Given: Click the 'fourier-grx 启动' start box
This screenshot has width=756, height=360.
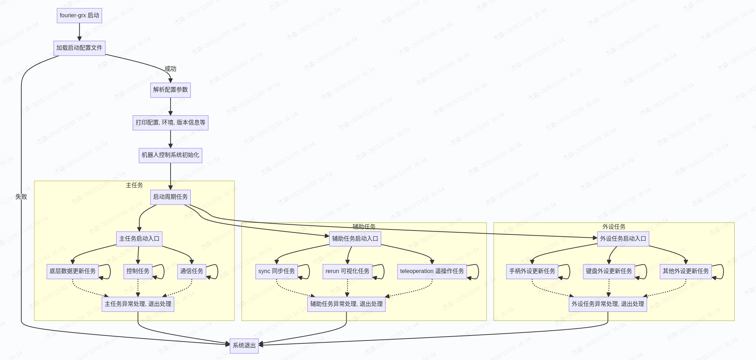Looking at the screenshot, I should [x=79, y=16].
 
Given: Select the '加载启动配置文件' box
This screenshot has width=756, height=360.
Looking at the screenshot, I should [x=79, y=48].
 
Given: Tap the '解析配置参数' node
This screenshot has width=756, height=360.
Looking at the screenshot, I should [x=170, y=90].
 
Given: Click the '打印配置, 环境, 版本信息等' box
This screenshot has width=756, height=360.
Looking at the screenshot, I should [x=170, y=123].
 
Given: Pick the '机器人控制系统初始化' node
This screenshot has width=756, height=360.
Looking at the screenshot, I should [x=170, y=155].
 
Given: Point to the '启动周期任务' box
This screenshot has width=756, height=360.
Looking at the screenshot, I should [x=170, y=197].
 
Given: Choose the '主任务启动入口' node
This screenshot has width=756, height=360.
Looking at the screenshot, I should [x=139, y=239].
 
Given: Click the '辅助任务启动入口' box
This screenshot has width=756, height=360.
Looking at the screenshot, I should [x=355, y=239].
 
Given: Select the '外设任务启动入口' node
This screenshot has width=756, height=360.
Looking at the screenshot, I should [x=623, y=239].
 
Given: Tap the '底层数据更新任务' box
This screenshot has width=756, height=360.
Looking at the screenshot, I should [x=72, y=271].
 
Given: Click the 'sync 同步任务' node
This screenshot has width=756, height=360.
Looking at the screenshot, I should [x=276, y=271].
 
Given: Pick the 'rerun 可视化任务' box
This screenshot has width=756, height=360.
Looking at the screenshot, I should [x=347, y=271].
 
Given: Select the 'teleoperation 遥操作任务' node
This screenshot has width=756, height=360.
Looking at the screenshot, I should [x=432, y=271].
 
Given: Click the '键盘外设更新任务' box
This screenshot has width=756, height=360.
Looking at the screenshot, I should [x=609, y=271].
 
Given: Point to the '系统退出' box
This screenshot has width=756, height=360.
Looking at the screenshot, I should [x=244, y=346].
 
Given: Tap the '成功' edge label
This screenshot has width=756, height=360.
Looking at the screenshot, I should [x=170, y=69].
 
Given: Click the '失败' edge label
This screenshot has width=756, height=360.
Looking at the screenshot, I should [x=21, y=197].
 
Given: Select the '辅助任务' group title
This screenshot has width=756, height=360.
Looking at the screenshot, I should [x=364, y=227].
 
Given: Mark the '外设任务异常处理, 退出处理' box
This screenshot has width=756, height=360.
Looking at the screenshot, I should [x=608, y=304].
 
